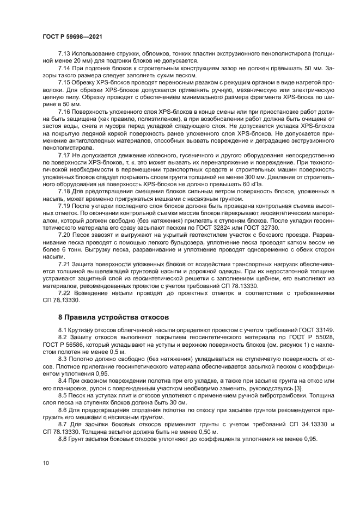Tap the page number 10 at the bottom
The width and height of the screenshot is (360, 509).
click(46, 463)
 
